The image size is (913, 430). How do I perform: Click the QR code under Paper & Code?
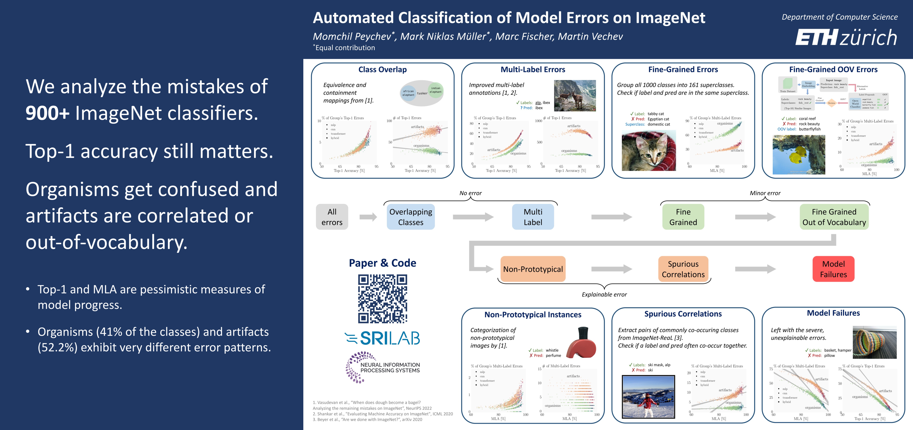tap(382, 299)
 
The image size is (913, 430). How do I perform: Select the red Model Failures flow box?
tap(833, 269)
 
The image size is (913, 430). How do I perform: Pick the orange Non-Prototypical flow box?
tap(533, 269)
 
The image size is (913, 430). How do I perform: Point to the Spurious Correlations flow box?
tap(683, 269)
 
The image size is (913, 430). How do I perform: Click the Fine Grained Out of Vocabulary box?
tap(834, 217)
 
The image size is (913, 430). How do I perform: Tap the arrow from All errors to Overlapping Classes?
tap(368, 217)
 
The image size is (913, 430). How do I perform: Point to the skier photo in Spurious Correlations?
tap(648, 397)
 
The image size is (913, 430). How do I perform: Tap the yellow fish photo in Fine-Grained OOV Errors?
tap(799, 154)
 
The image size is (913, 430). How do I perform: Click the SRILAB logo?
tap(382, 338)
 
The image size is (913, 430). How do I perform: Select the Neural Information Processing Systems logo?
tap(382, 367)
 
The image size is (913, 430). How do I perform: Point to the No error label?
tap(470, 193)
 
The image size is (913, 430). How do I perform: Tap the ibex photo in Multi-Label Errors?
tap(575, 96)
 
